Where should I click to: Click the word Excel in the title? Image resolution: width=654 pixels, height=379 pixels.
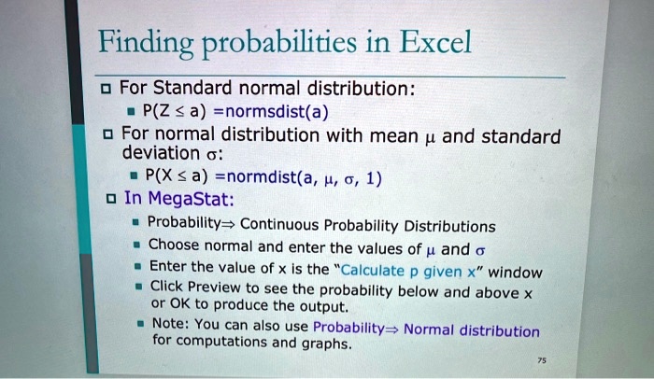[434, 42]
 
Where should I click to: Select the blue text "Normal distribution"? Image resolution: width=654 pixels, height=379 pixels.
[472, 330]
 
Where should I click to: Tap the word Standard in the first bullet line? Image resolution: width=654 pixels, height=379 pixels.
[191, 91]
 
